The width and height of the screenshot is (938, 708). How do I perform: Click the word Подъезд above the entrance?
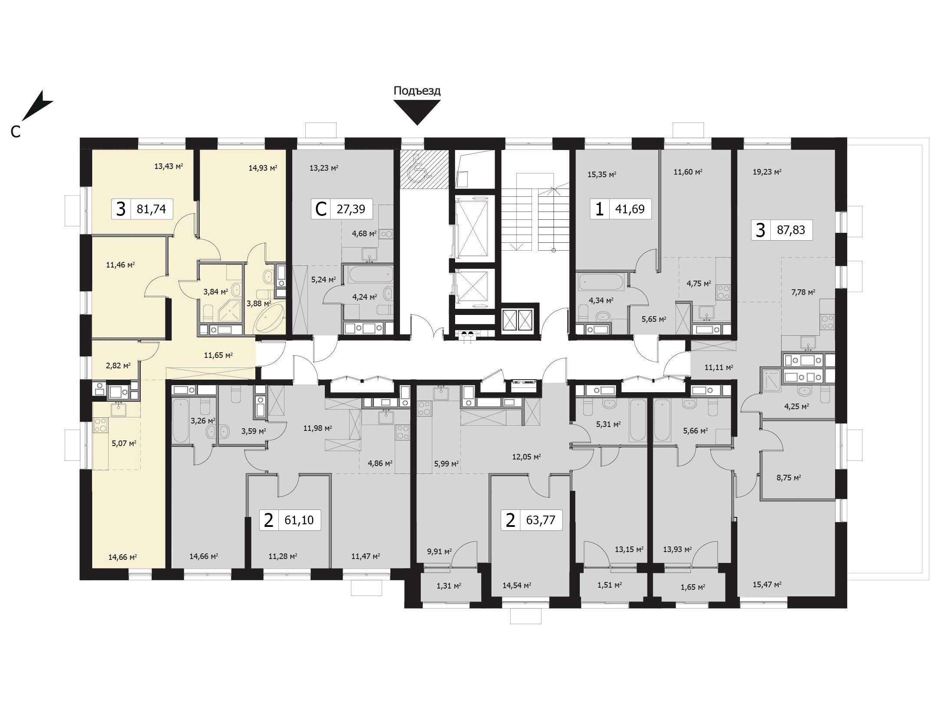pos(417,91)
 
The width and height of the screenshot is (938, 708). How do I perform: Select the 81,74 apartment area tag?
pos(142,209)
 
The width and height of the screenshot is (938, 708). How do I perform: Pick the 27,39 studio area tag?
pos(341,209)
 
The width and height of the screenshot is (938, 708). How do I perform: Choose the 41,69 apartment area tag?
pos(621,209)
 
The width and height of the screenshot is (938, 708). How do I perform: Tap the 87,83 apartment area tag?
pos(782,230)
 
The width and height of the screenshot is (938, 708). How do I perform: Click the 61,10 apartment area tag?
pos(290,520)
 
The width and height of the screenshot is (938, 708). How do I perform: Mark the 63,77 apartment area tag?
pos(532,520)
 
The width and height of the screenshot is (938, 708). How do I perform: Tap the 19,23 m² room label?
pos(767,172)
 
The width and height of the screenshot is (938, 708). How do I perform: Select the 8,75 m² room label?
pos(789,477)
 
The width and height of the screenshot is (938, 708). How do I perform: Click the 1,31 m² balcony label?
pos(449,586)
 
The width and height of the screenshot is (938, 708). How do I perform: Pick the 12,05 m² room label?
pos(526,457)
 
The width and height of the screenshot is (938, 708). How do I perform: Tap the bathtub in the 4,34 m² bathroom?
pos(601,281)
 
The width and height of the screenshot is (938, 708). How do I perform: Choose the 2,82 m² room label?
pos(118,365)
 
